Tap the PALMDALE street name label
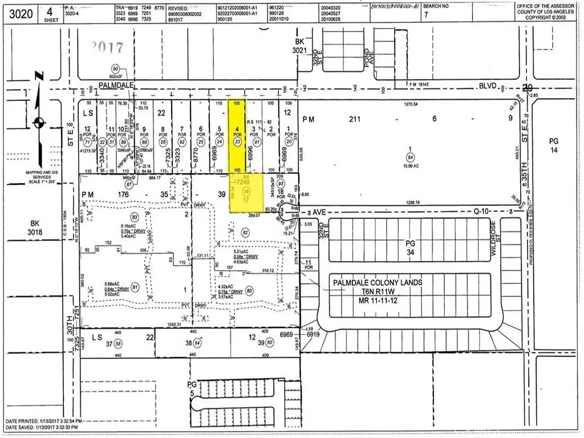click(x=116, y=84)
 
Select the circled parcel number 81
click(x=135, y=287)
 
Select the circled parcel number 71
click(x=87, y=142)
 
